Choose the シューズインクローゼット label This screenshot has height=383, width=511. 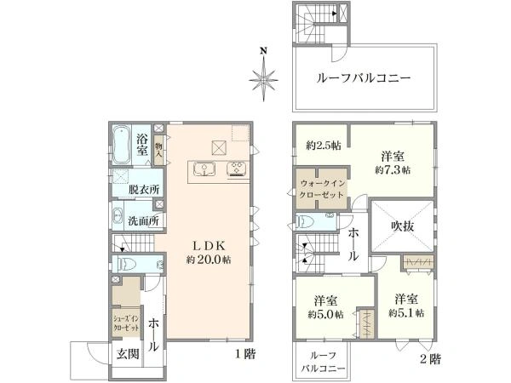tap(123, 323)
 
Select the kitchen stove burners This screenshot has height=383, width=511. tap(237, 168)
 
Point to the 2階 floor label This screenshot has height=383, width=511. tap(429, 359)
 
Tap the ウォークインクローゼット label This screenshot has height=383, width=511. tap(321, 189)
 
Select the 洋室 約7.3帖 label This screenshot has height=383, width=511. tap(392, 163)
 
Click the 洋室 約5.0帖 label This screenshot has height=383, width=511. tap(327, 306)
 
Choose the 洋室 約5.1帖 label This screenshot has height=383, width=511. tap(405, 306)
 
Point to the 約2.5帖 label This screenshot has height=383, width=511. tap(323, 146)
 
